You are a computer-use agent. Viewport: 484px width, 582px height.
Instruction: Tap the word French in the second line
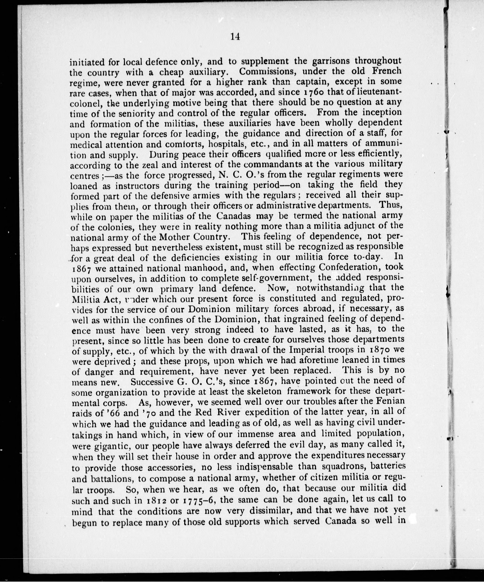coord(386,71)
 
